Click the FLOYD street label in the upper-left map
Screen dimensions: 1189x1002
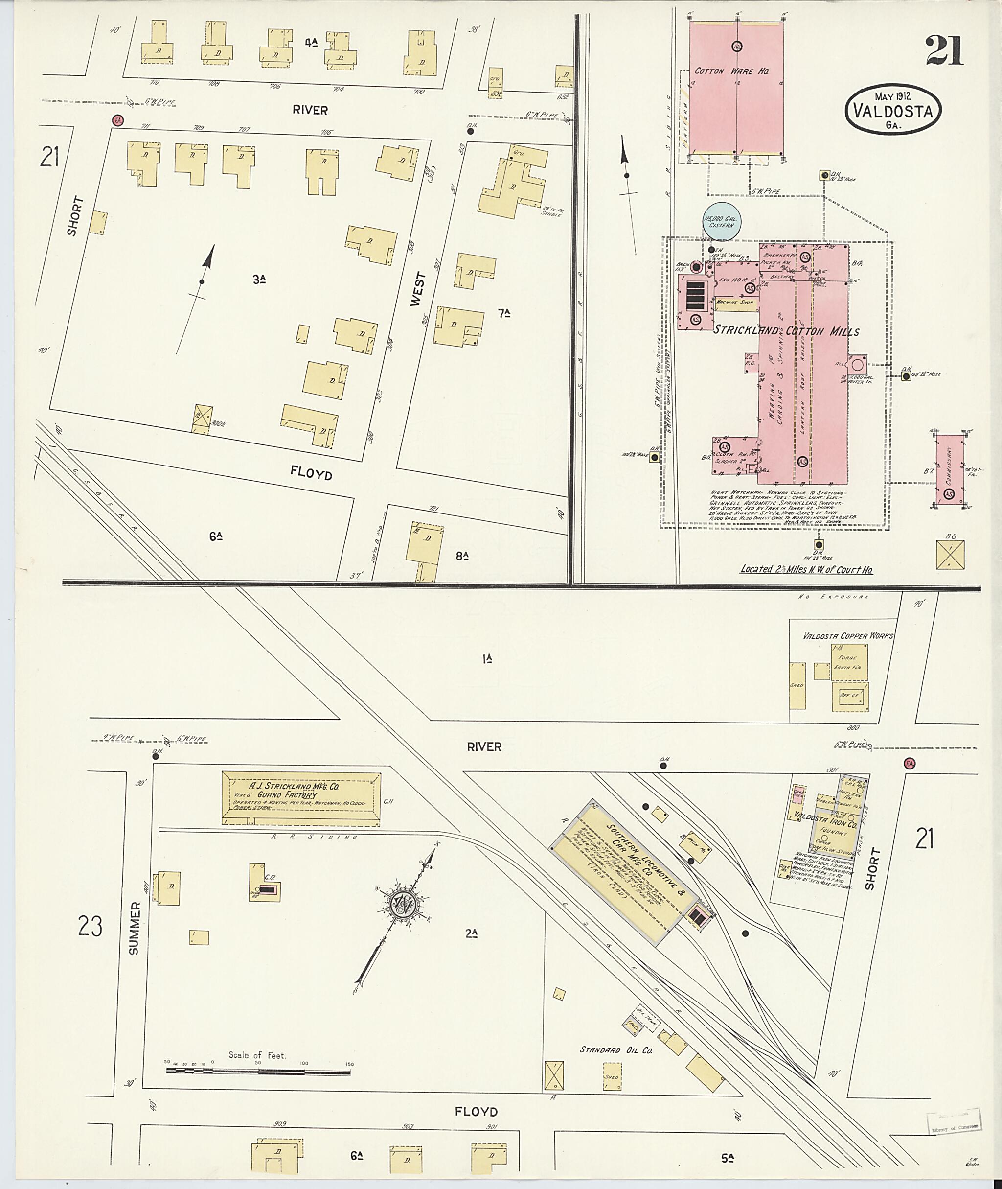[311, 472]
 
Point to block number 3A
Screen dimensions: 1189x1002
[260, 279]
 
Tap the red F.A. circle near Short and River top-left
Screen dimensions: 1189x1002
[117, 120]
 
